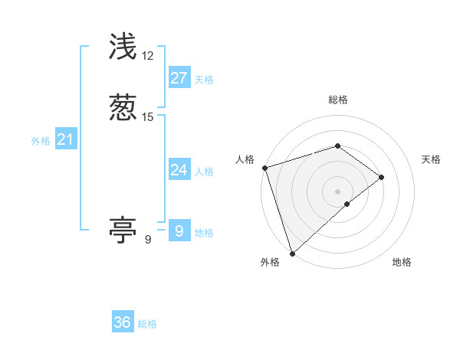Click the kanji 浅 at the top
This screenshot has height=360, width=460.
[123, 47]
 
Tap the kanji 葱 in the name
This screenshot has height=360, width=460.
[123, 107]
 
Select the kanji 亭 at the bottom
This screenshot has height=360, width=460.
[123, 229]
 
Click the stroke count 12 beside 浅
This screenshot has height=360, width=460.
[148, 56]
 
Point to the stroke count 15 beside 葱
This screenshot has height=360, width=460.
[148, 116]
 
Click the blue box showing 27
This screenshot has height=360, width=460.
[179, 78]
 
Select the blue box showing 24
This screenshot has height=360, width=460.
[179, 170]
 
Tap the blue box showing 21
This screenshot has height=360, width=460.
[65, 139]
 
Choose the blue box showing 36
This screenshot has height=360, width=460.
[123, 322]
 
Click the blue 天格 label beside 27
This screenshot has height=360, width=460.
[204, 80]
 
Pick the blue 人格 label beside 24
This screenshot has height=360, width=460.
[204, 172]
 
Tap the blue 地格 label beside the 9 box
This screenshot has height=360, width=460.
[204, 233]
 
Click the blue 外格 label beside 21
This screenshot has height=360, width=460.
[41, 141]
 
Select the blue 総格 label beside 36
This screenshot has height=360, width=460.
[147, 324]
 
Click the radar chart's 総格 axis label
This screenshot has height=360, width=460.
[337, 100]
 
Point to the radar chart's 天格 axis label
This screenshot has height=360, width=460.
[432, 159]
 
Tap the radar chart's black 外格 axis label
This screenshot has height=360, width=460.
[270, 262]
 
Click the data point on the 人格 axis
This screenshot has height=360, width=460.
[264, 168]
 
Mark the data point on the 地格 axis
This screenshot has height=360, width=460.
[347, 204]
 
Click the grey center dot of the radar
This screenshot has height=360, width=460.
[337, 191]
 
